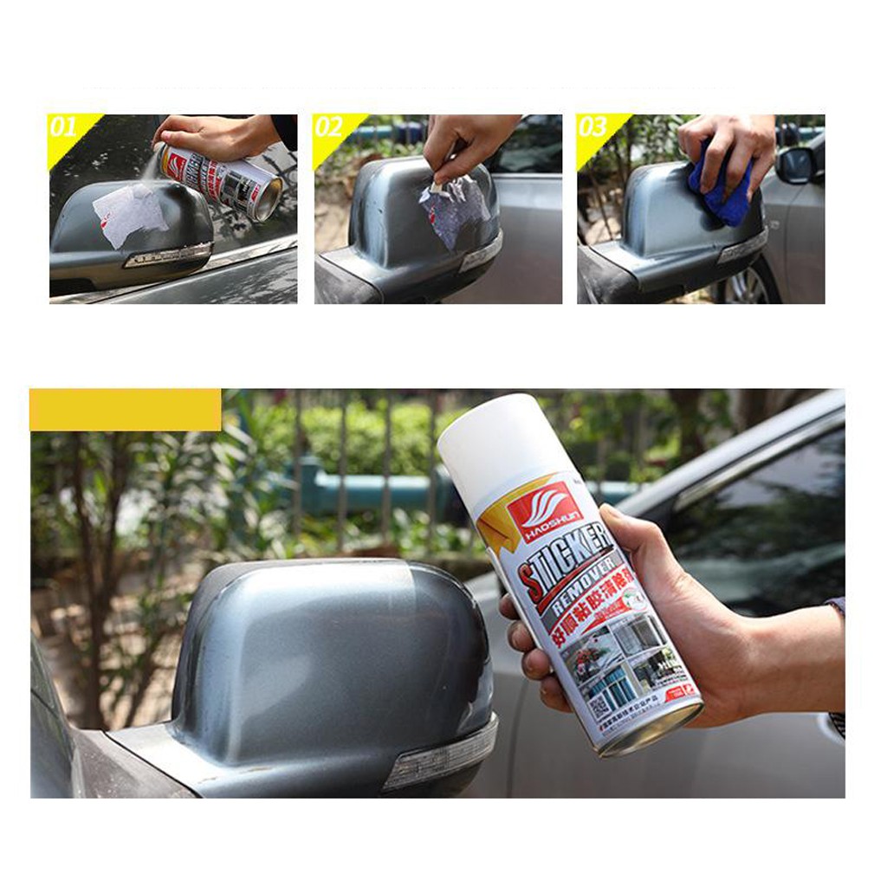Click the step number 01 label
[x=63, y=128]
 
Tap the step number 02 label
[x=328, y=128]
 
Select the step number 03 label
[x=592, y=128]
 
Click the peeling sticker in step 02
[x=453, y=208]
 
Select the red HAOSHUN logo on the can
[x=543, y=509]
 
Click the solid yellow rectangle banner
[x=126, y=410]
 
